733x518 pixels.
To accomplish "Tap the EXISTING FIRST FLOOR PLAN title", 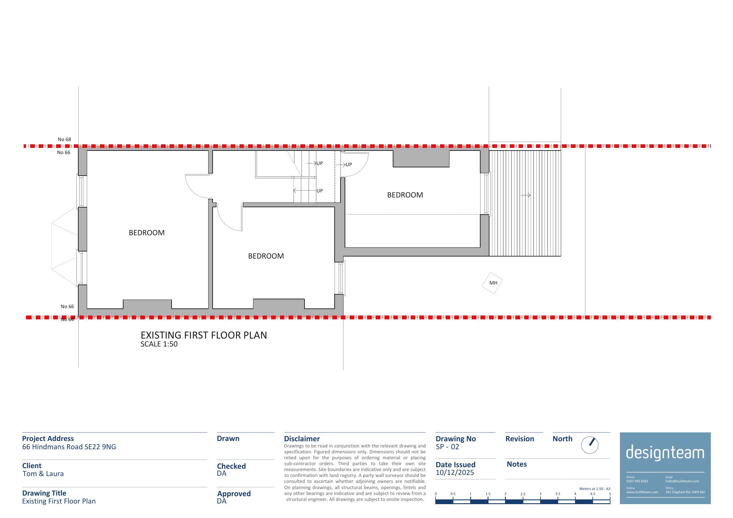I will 204,335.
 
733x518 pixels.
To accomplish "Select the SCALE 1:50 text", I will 159,344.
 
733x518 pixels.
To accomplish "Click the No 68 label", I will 64,140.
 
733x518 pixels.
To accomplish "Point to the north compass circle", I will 589,445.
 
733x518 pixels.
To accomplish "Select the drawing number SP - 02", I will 447,447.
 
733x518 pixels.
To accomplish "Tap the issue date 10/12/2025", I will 455,473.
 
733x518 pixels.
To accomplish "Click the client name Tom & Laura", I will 43,474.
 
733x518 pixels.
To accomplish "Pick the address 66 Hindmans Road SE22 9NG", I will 69,447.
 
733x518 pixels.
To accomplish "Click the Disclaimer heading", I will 302,439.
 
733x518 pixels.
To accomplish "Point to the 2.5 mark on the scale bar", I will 523,494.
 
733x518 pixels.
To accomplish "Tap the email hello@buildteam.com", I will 682,481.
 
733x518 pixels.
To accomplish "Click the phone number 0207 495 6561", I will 637,481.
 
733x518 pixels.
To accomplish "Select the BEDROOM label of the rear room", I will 405,195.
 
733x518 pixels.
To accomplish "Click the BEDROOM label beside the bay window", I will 146,233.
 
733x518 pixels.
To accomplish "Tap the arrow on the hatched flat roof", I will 525,195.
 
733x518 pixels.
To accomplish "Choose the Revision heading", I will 519,439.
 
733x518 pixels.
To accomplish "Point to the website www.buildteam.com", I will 642,492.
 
